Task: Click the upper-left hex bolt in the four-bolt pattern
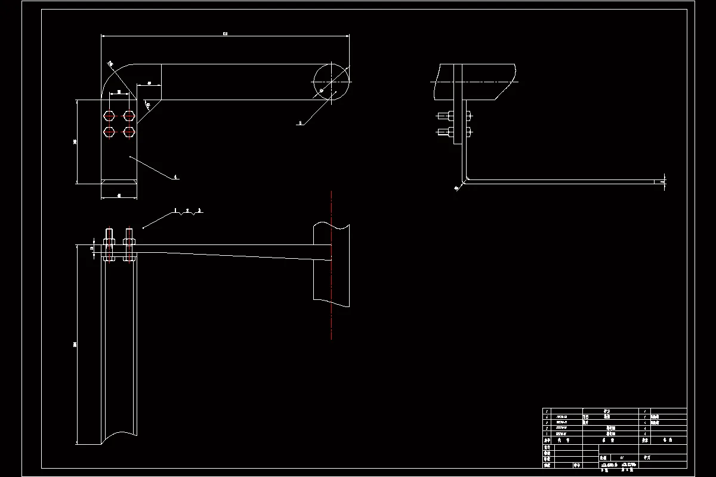click(x=109, y=116)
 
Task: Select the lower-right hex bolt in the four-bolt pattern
click(x=129, y=131)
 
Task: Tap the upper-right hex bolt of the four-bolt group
click(x=129, y=116)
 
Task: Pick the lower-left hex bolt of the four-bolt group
click(x=109, y=131)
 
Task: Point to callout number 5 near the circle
click(x=300, y=123)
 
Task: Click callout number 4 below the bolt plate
click(x=175, y=177)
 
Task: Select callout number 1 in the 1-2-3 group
click(x=175, y=210)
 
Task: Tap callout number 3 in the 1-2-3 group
click(x=199, y=210)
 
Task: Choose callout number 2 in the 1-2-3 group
click(x=187, y=210)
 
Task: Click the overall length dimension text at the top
click(x=225, y=34)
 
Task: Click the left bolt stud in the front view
click(x=109, y=244)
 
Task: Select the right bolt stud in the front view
click(x=129, y=244)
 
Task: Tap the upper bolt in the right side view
click(x=453, y=116)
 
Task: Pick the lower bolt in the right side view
click(x=453, y=131)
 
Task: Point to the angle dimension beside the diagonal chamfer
click(x=147, y=106)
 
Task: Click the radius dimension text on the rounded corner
click(x=110, y=63)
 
